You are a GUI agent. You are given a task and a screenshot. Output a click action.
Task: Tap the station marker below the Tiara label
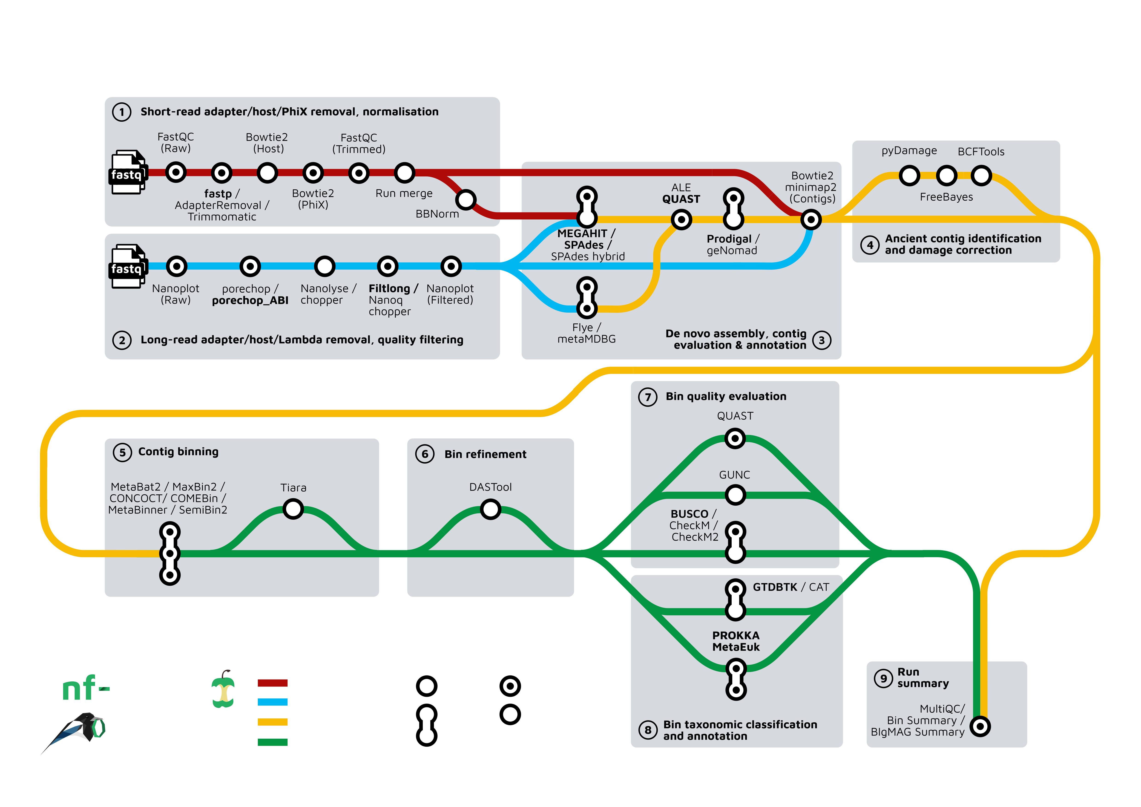(x=293, y=509)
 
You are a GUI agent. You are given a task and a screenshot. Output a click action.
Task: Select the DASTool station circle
(x=491, y=509)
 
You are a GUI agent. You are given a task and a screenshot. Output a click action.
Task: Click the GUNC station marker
(x=735, y=495)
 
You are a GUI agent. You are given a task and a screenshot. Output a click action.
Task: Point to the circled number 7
(x=647, y=397)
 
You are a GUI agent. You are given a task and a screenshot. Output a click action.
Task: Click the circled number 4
(x=870, y=245)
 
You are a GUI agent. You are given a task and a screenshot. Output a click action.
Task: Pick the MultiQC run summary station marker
(x=980, y=726)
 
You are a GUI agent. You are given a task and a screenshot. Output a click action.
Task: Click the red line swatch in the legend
(x=272, y=683)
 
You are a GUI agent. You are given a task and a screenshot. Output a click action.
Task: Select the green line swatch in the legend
(x=272, y=742)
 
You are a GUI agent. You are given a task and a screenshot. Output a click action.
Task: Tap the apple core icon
(x=223, y=690)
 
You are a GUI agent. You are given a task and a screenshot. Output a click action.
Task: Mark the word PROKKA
(x=736, y=636)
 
